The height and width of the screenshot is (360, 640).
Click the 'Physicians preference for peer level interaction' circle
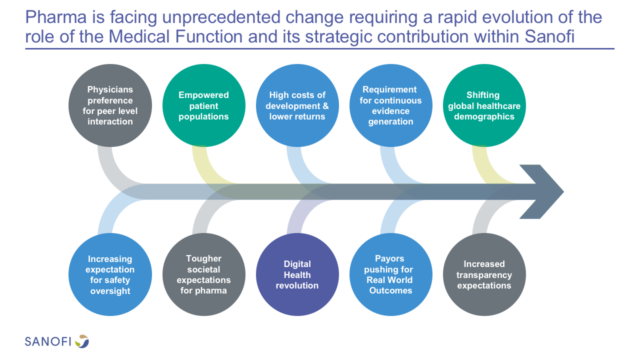point(110,105)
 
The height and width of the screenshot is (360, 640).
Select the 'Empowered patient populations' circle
point(203,105)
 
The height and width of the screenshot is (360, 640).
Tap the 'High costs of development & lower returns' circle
point(297,105)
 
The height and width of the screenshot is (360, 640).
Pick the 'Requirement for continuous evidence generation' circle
point(390,105)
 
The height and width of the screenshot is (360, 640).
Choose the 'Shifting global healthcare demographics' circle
point(484,105)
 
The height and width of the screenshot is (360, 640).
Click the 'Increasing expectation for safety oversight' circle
point(110,274)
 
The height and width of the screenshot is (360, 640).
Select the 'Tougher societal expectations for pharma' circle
point(203,274)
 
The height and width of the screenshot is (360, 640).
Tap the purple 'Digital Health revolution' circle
point(297,274)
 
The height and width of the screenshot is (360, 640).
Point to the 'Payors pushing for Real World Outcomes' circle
point(390,274)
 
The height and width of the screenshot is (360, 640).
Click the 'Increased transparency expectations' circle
point(484,274)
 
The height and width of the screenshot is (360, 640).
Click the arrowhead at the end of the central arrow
point(563,191)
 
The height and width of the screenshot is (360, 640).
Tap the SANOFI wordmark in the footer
point(48,341)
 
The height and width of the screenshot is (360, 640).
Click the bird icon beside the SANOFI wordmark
point(82,341)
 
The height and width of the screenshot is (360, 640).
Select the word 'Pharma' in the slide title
point(56,17)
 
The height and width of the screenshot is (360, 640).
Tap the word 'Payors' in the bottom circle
point(389,258)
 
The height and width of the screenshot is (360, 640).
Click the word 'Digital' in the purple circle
point(297,264)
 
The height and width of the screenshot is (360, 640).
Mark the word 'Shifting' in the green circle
point(483,95)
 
